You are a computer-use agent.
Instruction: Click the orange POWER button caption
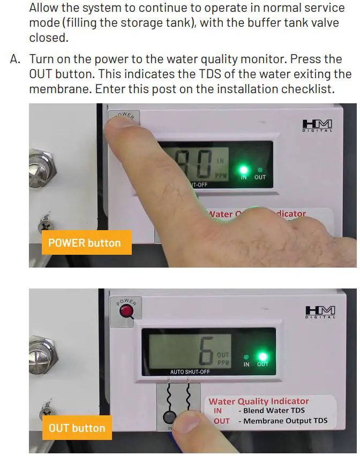[85, 242]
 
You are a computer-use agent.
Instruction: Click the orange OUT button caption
[77, 428]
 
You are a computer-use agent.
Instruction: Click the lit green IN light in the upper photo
[244, 168]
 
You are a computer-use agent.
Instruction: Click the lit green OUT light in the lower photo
[262, 356]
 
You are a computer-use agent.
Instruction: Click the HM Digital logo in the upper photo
[317, 127]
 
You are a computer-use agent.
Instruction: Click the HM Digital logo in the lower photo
[320, 312]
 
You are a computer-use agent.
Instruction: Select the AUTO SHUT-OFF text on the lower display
[190, 372]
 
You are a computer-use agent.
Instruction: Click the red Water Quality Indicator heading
[259, 401]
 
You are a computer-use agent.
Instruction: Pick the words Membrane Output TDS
[285, 421]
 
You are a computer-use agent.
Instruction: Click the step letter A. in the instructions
[16, 59]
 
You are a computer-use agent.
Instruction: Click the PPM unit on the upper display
[220, 174]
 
